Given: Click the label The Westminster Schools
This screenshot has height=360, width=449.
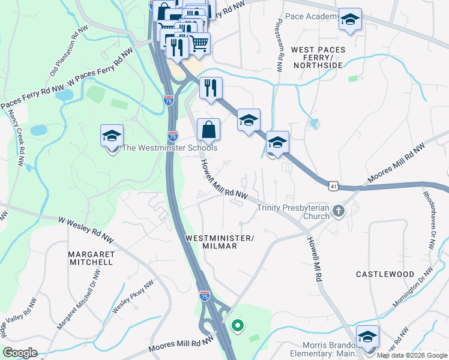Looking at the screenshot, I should pyautogui.click(x=170, y=148).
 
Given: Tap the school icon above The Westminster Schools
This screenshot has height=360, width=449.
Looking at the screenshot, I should pyautogui.click(x=112, y=136).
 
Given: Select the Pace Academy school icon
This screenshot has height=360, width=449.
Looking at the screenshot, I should pyautogui.click(x=350, y=20).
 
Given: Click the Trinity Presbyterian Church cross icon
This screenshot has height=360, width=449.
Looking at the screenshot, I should pyautogui.click(x=339, y=211).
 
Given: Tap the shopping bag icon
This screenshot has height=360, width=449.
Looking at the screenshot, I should pyautogui.click(x=208, y=130).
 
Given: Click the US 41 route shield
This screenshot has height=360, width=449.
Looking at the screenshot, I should pyautogui.click(x=333, y=187).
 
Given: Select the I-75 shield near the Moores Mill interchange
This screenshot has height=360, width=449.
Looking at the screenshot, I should pyautogui.click(x=205, y=295).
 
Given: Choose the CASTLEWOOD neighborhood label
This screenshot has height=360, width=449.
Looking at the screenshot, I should pyautogui.click(x=385, y=274).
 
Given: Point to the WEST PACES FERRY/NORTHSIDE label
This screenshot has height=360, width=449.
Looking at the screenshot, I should pyautogui.click(x=317, y=57).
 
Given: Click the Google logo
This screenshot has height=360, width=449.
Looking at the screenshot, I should pyautogui.click(x=20, y=353).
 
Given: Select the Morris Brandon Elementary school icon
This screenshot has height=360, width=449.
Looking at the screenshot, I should pyautogui.click(x=367, y=337).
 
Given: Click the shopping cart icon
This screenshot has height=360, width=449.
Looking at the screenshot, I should pyautogui.click(x=199, y=43).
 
